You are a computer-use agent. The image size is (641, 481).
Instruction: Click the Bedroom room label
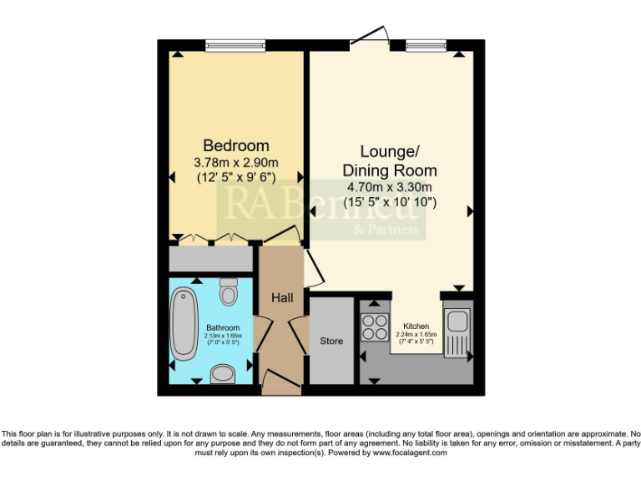pos(236,145)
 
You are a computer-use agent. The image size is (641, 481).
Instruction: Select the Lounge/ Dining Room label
pos(390,160)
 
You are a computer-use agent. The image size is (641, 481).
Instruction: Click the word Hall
pos(280,297)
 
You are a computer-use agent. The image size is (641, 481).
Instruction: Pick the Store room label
pos(331,342)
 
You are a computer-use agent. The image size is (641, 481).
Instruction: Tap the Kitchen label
pos(416,326)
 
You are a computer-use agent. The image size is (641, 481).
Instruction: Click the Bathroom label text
pos(222,327)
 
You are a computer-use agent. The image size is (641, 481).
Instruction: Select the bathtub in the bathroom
pos(183,324)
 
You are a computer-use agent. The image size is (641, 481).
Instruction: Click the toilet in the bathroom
pos(229,292)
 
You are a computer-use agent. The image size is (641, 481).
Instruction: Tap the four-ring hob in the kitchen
pos(373,325)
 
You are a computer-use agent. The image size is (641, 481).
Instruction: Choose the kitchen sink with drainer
pos(457,331)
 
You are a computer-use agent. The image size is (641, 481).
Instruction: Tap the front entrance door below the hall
pos(281,384)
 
